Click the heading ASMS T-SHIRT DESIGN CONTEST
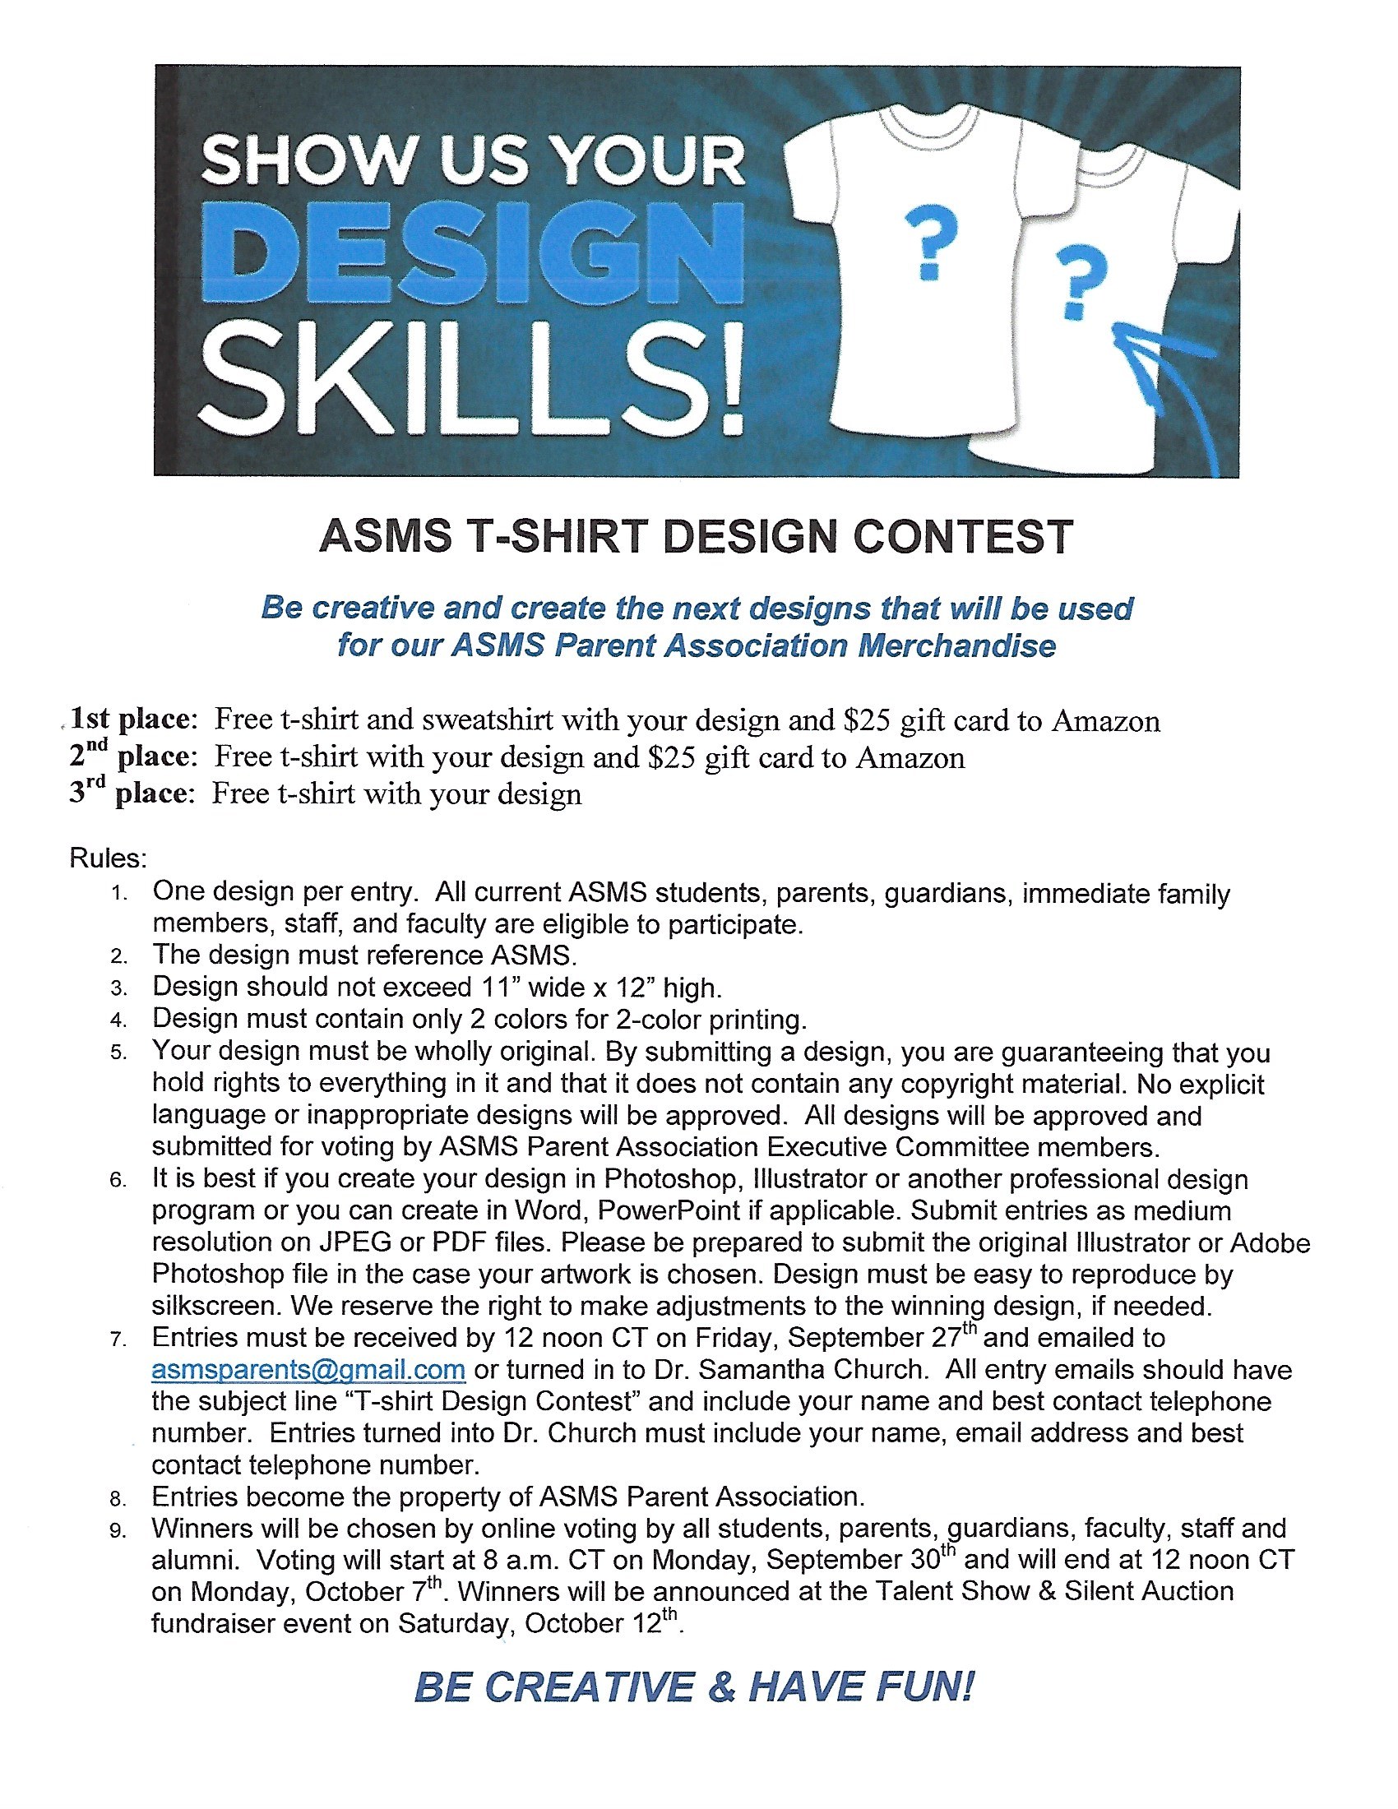(697, 536)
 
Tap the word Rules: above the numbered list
(109, 858)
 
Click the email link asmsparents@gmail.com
(308, 1369)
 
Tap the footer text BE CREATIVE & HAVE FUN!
(694, 1687)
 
